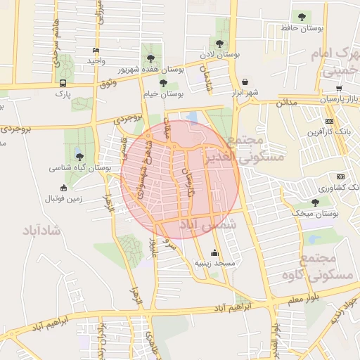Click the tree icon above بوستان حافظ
302,16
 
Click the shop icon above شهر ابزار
245,82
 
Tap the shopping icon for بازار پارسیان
339,89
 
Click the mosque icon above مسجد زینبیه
214,252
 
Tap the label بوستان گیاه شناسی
81,168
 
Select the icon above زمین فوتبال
64,188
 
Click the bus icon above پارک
63,82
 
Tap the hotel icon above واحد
96,51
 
